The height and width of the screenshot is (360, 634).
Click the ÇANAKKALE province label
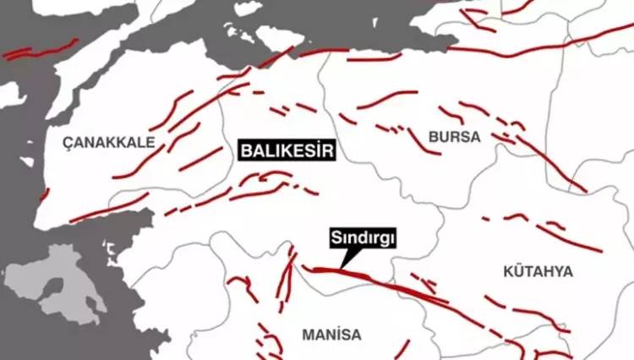point(110,143)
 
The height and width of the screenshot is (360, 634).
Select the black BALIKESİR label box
point(287,152)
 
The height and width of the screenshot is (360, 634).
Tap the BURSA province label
point(454,136)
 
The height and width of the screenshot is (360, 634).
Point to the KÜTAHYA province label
point(538,271)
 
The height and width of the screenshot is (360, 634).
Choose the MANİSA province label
point(331,335)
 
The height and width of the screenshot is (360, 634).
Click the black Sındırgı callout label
point(363,240)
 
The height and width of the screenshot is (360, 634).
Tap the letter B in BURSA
point(434,136)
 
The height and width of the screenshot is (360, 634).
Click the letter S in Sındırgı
point(336,240)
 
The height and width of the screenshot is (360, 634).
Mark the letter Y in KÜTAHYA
point(559,271)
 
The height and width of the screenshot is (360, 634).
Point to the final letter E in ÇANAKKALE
point(151,143)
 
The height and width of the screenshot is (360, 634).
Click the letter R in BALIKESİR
point(331,152)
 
